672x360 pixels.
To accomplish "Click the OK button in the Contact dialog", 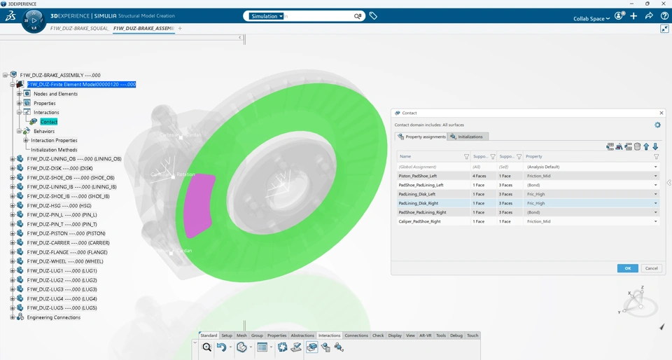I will tap(627, 268).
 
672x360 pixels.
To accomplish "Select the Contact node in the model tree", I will tap(48, 122).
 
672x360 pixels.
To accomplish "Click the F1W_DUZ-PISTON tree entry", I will tap(66, 233).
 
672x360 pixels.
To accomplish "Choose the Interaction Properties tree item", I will tap(54, 140).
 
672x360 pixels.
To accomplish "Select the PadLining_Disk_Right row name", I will tap(418, 203).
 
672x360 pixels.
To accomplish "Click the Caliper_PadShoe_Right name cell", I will tap(419, 221).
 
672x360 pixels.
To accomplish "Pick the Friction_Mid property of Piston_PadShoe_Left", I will tap(539, 176).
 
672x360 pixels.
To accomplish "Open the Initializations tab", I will tap(470, 137).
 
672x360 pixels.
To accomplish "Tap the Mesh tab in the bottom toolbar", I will tap(241, 335).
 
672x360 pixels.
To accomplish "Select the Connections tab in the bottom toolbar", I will tap(356, 335).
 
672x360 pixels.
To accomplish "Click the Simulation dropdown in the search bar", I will tap(267, 16).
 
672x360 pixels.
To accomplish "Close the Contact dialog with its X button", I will tap(661, 113).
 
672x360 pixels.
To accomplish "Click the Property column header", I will tap(535, 156).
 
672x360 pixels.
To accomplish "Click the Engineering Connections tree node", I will tap(53, 317).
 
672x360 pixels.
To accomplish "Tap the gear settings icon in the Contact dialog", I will tap(657, 125).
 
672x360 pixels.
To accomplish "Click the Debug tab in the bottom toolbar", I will tap(456, 335).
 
